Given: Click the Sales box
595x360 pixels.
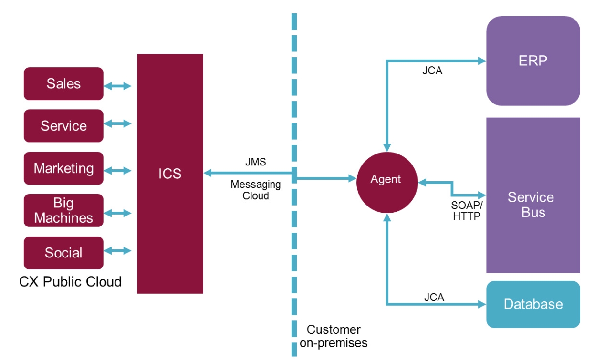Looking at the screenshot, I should [63, 84].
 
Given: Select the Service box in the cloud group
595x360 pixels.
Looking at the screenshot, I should [63, 126].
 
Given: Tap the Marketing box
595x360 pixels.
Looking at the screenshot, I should [63, 168].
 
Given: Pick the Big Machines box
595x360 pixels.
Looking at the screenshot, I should [63, 210].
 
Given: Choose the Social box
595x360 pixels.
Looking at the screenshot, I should [63, 253].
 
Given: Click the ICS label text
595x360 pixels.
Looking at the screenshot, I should [170, 174].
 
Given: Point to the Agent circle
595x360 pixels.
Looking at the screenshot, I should [386, 179].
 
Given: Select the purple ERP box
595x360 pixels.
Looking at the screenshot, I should [533, 61].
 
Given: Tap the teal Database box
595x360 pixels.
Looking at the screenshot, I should [533, 304].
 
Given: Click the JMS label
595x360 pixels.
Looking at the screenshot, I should [255, 162].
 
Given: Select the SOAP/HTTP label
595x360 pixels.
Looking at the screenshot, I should [467, 211].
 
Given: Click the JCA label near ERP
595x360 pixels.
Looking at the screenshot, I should [432, 72].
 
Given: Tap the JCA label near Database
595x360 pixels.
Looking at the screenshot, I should [434, 297].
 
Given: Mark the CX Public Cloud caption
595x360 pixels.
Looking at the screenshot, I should [70, 281].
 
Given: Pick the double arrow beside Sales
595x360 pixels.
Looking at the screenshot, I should [117, 86].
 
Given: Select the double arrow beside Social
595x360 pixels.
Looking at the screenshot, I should [117, 250].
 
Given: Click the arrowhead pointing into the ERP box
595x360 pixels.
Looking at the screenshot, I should [481, 61].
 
